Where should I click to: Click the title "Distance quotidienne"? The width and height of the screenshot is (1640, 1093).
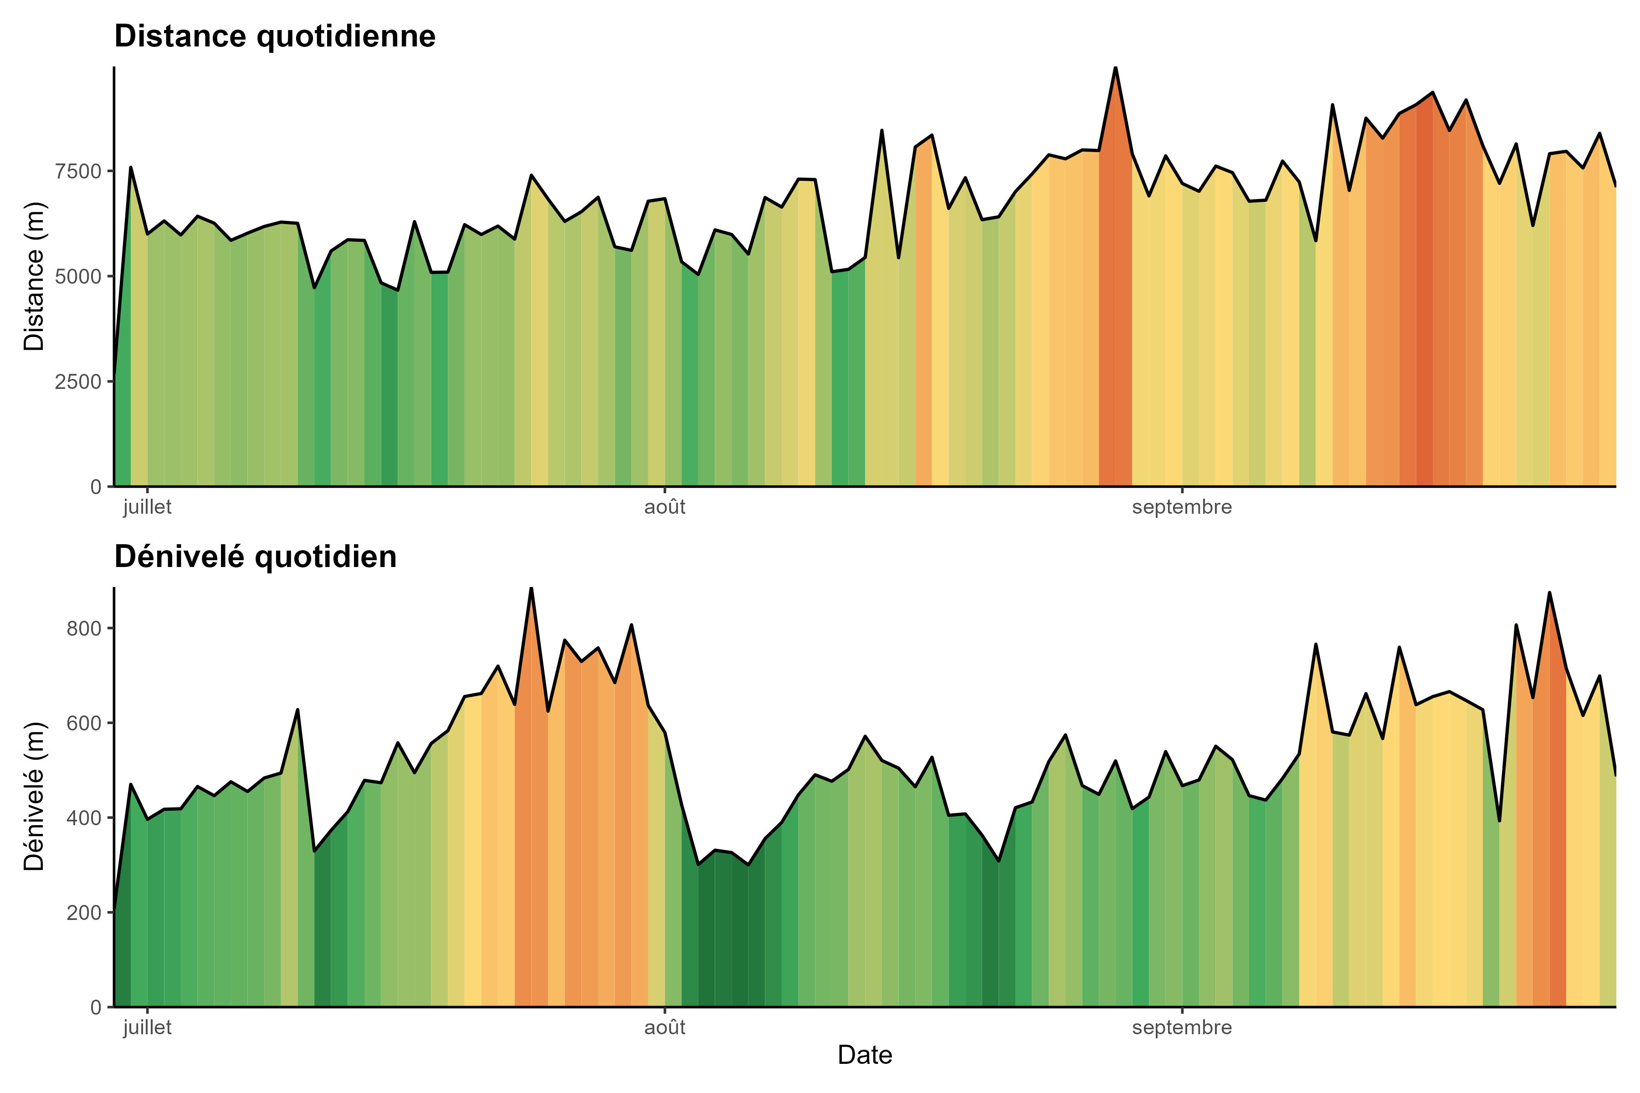coord(275,36)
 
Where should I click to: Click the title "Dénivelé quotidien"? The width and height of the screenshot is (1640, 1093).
coord(255,557)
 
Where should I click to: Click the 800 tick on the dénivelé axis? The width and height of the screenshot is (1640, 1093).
coord(84,629)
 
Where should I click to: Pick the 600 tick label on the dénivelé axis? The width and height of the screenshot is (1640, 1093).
coord(84,724)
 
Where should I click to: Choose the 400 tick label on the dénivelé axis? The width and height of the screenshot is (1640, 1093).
coord(84,818)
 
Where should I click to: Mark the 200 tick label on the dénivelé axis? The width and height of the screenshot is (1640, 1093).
coord(84,913)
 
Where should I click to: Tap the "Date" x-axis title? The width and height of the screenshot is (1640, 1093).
coord(865,1055)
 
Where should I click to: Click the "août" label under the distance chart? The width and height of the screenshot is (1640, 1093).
coord(665,507)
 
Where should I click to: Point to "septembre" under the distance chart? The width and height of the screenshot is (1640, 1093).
coord(1182,507)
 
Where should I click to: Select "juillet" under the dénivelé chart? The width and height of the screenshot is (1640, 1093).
coord(147,1027)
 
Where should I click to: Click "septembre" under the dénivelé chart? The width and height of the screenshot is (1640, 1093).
coord(1182,1027)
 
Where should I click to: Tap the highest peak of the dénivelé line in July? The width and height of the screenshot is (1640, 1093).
coord(531,588)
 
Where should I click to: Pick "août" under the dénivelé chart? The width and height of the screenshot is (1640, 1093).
coord(665,1027)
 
